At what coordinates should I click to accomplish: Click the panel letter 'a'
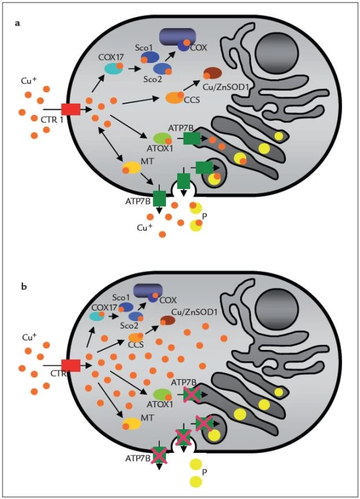point(18,23)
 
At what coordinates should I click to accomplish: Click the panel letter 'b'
point(24,286)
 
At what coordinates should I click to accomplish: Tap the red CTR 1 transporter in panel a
point(71,110)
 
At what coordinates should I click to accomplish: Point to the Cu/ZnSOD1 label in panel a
point(225,86)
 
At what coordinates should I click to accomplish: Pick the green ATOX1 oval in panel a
point(163,138)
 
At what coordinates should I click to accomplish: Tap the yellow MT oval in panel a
point(132,167)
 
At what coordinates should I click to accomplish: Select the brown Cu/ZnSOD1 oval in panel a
point(212,73)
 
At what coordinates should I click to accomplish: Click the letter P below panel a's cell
point(205,216)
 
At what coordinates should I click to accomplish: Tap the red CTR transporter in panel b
point(71,366)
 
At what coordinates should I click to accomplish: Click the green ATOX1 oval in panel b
point(163,395)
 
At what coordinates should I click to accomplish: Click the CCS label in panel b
point(135,345)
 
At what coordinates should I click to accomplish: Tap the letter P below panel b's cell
point(205,472)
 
